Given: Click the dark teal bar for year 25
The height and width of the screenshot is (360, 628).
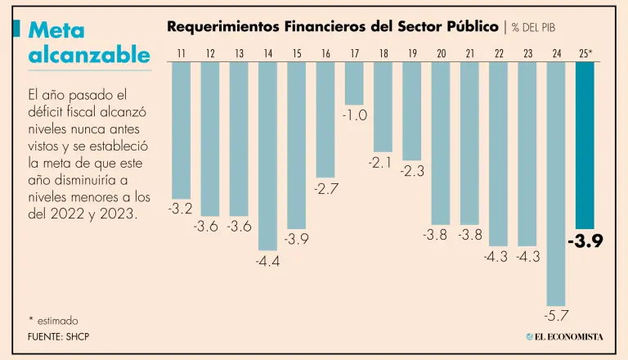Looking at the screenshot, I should (x=585, y=145).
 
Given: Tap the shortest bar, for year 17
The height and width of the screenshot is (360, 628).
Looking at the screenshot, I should (x=354, y=83).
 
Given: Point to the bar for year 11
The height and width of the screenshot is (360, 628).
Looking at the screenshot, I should (x=181, y=129).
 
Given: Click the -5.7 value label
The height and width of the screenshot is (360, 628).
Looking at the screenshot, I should (x=556, y=315).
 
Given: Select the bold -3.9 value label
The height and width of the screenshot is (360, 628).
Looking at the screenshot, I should (x=585, y=242).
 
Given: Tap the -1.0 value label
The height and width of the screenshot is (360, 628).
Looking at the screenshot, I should (x=354, y=115).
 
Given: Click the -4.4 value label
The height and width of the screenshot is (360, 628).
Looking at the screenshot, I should (x=267, y=261).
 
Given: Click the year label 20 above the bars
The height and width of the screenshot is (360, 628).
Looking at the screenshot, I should (x=442, y=53).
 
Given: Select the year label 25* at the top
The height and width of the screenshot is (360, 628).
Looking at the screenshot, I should (x=585, y=53).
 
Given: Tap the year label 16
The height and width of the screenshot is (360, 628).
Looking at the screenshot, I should (x=325, y=53).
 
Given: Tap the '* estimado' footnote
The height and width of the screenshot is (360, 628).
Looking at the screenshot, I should (x=54, y=321).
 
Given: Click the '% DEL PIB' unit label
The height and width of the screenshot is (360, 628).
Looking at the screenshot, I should (x=540, y=27).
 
